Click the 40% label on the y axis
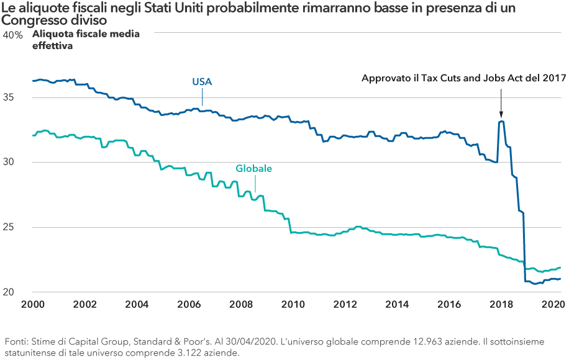13,35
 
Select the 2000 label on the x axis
32,305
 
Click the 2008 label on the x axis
241,305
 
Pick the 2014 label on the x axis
397,305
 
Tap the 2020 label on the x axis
552,305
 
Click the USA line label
202,82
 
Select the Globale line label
253,168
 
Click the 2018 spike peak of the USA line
501,122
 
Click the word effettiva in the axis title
53,45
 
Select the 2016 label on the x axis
448,305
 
